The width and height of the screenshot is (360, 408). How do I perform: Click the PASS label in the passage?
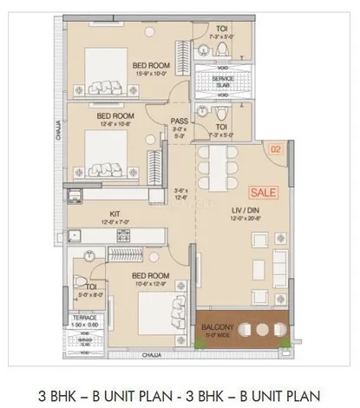click(180, 122)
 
